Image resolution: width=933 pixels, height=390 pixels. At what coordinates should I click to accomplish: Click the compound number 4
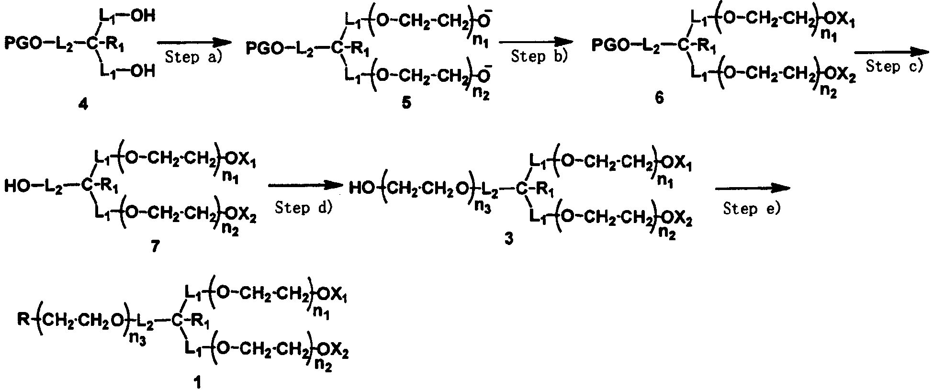point(83,103)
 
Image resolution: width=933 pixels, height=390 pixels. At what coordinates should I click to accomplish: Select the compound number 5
point(406,102)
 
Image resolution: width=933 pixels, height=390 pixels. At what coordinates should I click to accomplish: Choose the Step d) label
point(304,208)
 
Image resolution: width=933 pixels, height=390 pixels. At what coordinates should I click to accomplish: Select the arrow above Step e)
point(753,189)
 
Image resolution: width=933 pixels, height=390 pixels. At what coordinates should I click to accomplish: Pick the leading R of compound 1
point(23,318)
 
